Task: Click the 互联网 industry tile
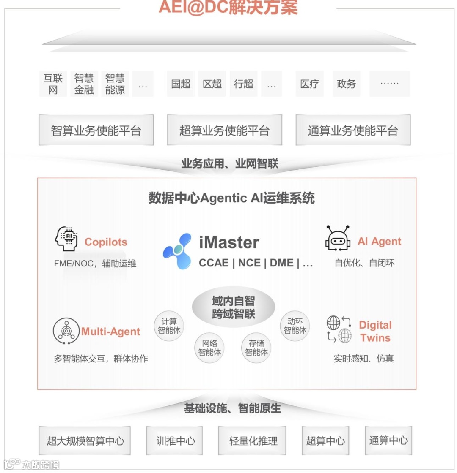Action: coord(53,84)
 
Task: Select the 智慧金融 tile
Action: coord(84,84)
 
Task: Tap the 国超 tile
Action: coord(181,84)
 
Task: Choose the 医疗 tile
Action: coord(309,84)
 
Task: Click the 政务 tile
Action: coord(346,84)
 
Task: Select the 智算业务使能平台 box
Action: coord(96,130)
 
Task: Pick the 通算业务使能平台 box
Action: coord(353,130)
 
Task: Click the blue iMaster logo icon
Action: coord(177,251)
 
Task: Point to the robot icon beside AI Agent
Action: coord(338,239)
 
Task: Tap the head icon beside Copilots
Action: coord(67,239)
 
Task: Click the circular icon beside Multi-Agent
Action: coord(66,330)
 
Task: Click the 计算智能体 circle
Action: coord(169,326)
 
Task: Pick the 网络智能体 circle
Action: coord(210,348)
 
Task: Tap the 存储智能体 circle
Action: coord(256,348)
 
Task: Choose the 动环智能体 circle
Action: coord(295,326)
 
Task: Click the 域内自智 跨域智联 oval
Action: coord(233,307)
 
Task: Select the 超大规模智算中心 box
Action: coord(85,441)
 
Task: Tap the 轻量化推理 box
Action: coord(253,441)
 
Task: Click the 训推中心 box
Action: coord(174,441)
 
